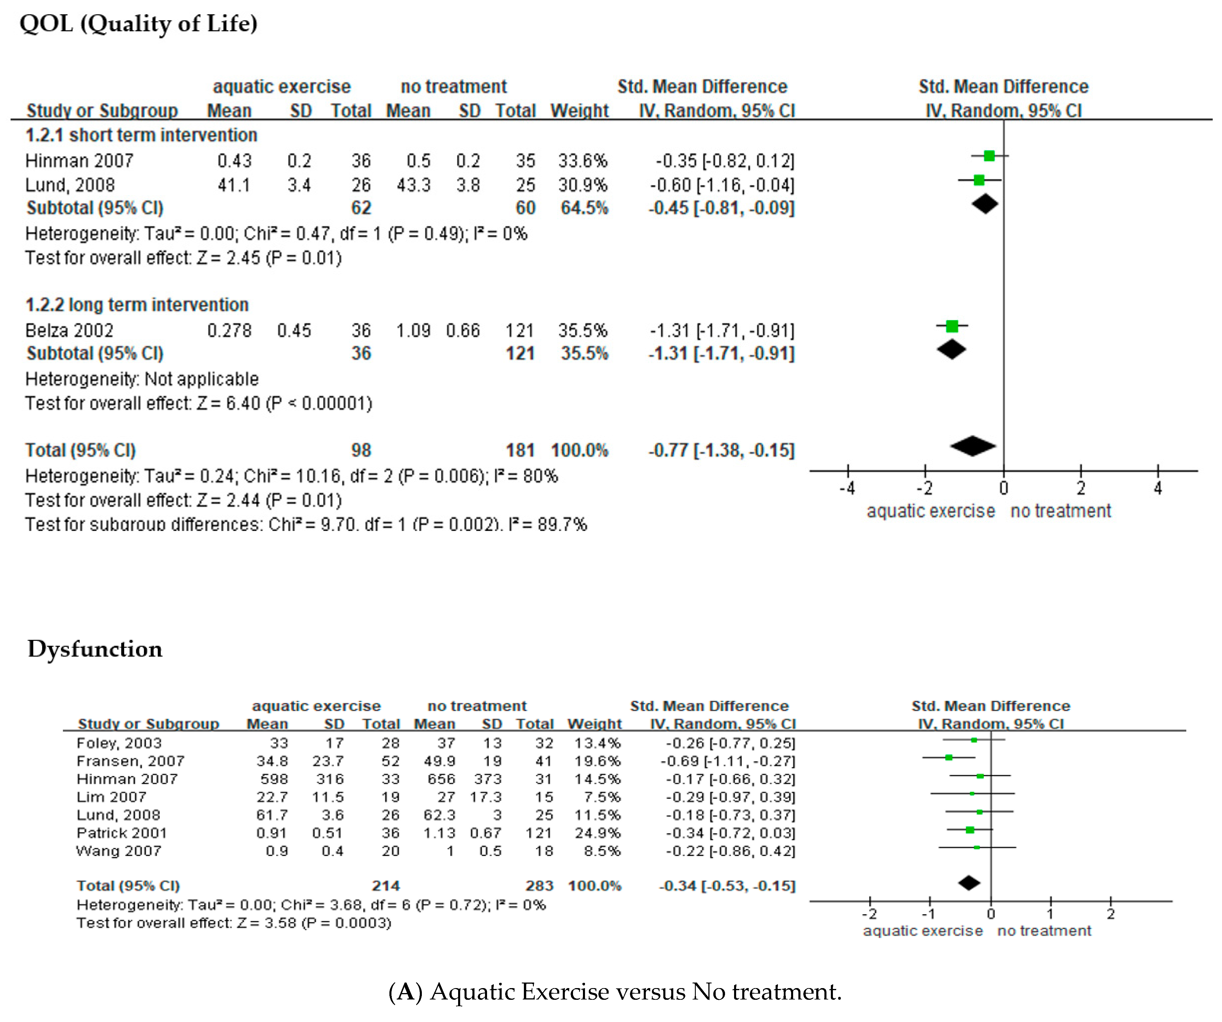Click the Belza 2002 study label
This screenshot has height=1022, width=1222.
[x=69, y=331]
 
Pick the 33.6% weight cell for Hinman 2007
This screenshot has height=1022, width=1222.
[x=582, y=160]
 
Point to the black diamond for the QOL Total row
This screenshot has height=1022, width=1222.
[x=973, y=446]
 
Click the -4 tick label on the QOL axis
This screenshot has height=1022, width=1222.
[x=847, y=488]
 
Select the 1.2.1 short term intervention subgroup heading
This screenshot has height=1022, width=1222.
[x=141, y=135]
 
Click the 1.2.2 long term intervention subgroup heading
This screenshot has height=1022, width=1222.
[x=137, y=305]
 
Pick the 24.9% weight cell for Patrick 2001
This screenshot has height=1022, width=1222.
[x=598, y=833]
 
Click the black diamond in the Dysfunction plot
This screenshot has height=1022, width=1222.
[x=969, y=883]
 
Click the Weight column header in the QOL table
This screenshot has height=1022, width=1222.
[x=580, y=111]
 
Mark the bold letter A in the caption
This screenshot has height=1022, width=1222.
[x=405, y=992]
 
